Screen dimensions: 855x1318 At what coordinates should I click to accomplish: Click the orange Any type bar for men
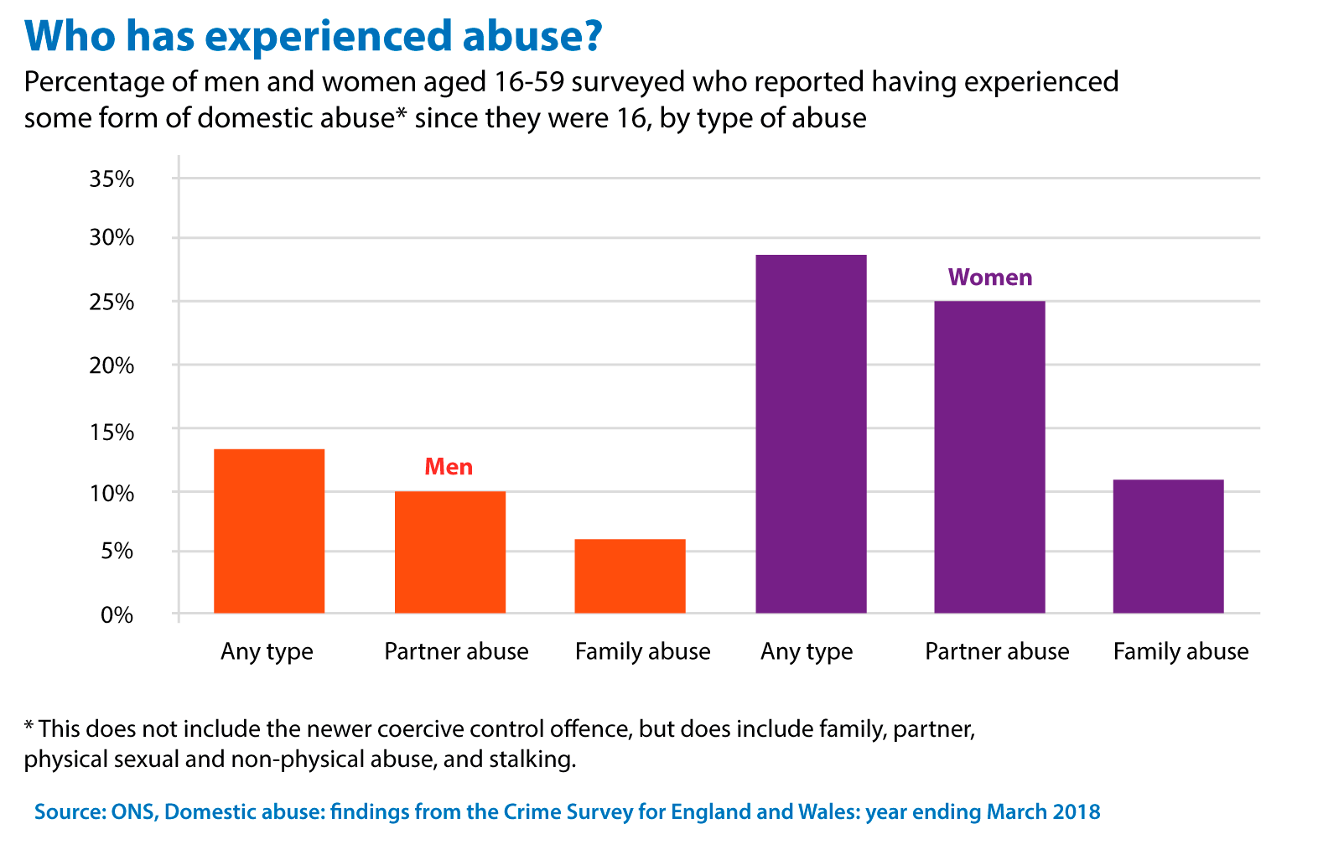click(269, 531)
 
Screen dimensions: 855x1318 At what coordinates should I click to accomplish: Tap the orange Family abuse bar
click(630, 576)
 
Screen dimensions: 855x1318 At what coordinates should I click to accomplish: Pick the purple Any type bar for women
click(811, 433)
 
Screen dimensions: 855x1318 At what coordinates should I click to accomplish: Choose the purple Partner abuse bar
click(989, 457)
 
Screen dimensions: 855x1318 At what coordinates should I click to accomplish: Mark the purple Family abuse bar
click(1168, 546)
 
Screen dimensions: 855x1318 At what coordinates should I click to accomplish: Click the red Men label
click(449, 467)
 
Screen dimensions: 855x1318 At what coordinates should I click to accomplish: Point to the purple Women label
click(990, 277)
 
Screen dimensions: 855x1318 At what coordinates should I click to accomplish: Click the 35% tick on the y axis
click(112, 179)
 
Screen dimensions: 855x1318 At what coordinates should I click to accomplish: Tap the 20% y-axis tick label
click(112, 365)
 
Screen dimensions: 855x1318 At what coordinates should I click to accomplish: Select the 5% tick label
click(117, 552)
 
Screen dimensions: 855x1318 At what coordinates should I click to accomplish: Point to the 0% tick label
click(117, 614)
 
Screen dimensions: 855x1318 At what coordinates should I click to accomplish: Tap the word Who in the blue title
click(68, 35)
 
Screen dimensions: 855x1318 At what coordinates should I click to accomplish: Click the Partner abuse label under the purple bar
click(997, 651)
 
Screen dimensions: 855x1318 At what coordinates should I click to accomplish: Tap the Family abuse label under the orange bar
click(642, 651)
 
